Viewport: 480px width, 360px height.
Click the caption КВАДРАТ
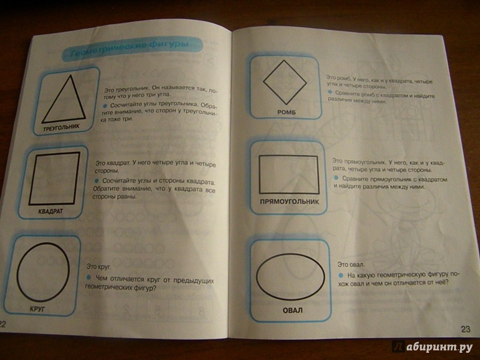[x=50, y=211]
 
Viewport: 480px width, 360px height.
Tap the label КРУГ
[x=37, y=309]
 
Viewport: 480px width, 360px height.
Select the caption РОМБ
[x=287, y=112]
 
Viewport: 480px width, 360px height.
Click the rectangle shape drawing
[x=260, y=175]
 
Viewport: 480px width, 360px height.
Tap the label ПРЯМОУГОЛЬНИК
[x=289, y=202]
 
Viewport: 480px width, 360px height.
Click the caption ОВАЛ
[x=292, y=310]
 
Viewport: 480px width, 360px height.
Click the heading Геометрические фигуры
[x=130, y=49]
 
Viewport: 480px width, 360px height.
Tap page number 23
[x=466, y=329]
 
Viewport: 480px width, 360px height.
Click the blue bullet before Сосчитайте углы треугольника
[x=104, y=106]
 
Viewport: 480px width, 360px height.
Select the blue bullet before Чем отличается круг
[x=89, y=277]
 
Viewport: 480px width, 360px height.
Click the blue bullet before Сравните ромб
[x=329, y=92]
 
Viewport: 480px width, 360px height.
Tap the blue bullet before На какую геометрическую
[x=341, y=275]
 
